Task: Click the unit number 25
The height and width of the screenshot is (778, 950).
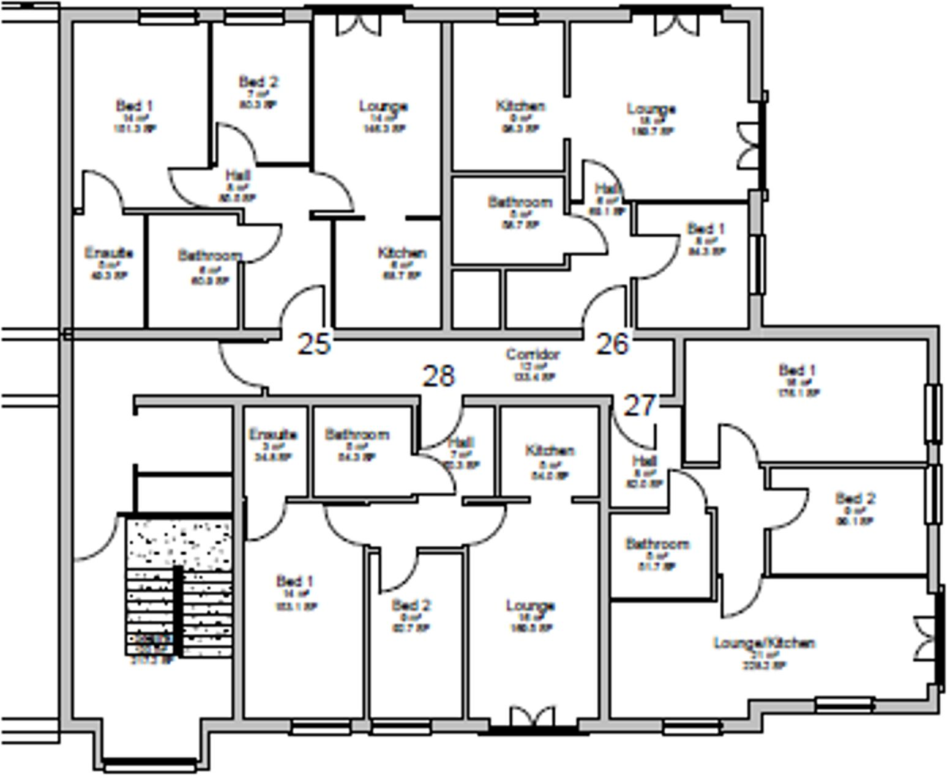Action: pos(314,344)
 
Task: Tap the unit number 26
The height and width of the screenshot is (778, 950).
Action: pos(612,344)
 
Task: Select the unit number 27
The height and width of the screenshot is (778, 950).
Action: pos(640,405)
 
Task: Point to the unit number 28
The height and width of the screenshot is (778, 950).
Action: pos(439,376)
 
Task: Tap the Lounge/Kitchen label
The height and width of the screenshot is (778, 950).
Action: pos(764,643)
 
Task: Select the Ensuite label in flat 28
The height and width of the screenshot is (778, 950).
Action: pos(273,435)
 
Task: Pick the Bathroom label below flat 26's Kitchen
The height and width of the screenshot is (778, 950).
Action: pos(520,202)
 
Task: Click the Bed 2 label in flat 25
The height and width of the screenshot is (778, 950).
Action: pos(258,82)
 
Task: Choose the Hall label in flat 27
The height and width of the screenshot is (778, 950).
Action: pos(645,461)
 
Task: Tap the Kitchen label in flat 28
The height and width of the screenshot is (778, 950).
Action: pos(549,451)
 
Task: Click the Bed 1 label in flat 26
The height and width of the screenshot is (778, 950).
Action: pos(706,229)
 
